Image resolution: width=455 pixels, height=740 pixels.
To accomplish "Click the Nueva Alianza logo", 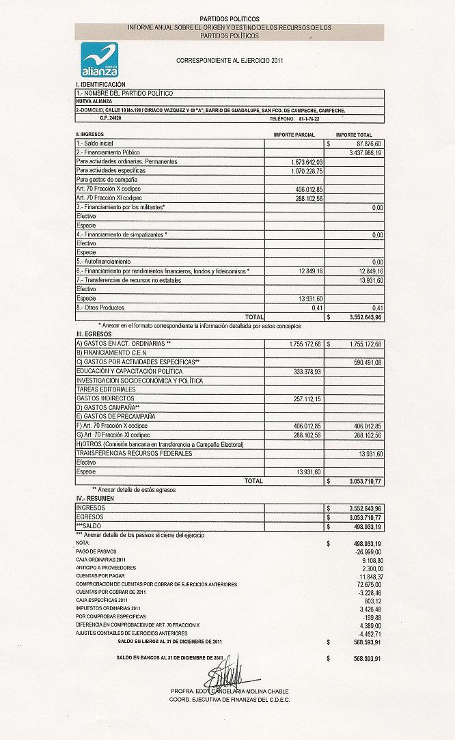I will [x=100, y=59].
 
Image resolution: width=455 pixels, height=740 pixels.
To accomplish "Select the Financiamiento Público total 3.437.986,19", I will [x=365, y=153].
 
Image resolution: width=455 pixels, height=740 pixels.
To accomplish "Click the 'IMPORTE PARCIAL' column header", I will [x=294, y=135].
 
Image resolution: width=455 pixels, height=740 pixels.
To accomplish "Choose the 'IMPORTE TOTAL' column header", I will [x=354, y=135].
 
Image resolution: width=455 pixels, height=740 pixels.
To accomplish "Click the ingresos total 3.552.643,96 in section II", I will [x=359, y=317].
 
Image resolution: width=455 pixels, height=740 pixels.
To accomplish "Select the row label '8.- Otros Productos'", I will [x=102, y=307].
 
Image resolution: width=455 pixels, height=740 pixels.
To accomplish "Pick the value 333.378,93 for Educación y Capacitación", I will [x=307, y=370].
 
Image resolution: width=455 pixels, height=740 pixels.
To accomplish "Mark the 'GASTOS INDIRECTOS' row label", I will [x=105, y=398].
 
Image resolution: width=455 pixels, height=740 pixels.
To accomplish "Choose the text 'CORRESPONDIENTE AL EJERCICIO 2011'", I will [x=230, y=60].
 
